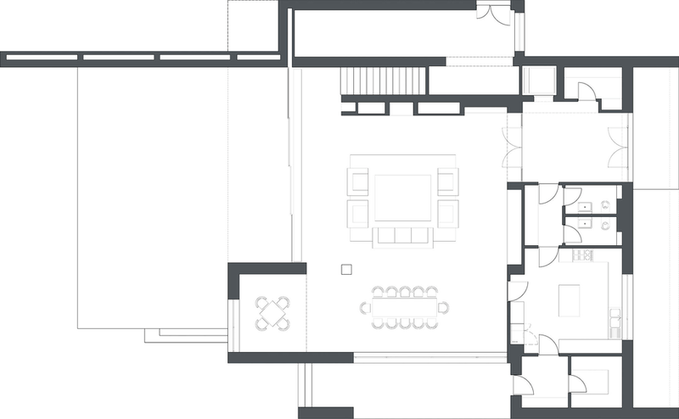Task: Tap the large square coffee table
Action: tap(402, 198)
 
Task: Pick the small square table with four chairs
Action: tap(273, 313)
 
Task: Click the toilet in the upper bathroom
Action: tap(604, 205)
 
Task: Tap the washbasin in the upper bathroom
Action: tap(584, 205)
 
